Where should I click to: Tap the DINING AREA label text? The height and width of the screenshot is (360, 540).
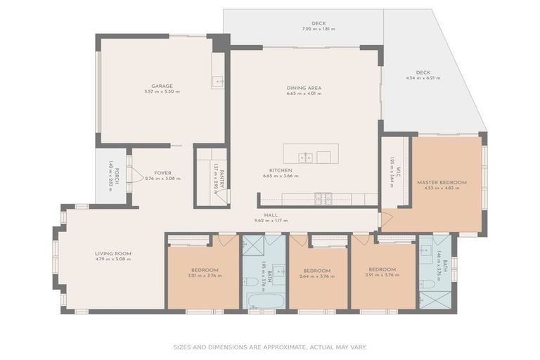tap(304, 88)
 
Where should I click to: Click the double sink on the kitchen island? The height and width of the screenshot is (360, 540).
tap(305, 157)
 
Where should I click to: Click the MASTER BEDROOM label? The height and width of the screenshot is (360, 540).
tap(441, 182)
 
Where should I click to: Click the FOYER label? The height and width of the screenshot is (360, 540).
tap(162, 173)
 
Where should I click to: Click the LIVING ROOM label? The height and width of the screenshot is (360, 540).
tap(113, 253)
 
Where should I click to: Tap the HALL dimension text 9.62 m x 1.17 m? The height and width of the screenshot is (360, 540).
tap(271, 221)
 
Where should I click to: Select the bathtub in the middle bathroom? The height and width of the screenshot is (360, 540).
tap(263, 300)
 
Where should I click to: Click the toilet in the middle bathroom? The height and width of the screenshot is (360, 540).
tap(251, 281)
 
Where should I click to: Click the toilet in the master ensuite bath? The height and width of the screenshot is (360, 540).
tap(426, 283)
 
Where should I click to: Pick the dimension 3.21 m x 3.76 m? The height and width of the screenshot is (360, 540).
tap(205, 276)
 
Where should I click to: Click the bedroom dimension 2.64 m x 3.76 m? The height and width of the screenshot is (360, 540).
tap(317, 276)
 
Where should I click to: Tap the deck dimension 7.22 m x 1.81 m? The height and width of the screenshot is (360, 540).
tap(319, 30)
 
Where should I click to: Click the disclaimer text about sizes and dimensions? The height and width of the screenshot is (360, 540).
tap(270, 347)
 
